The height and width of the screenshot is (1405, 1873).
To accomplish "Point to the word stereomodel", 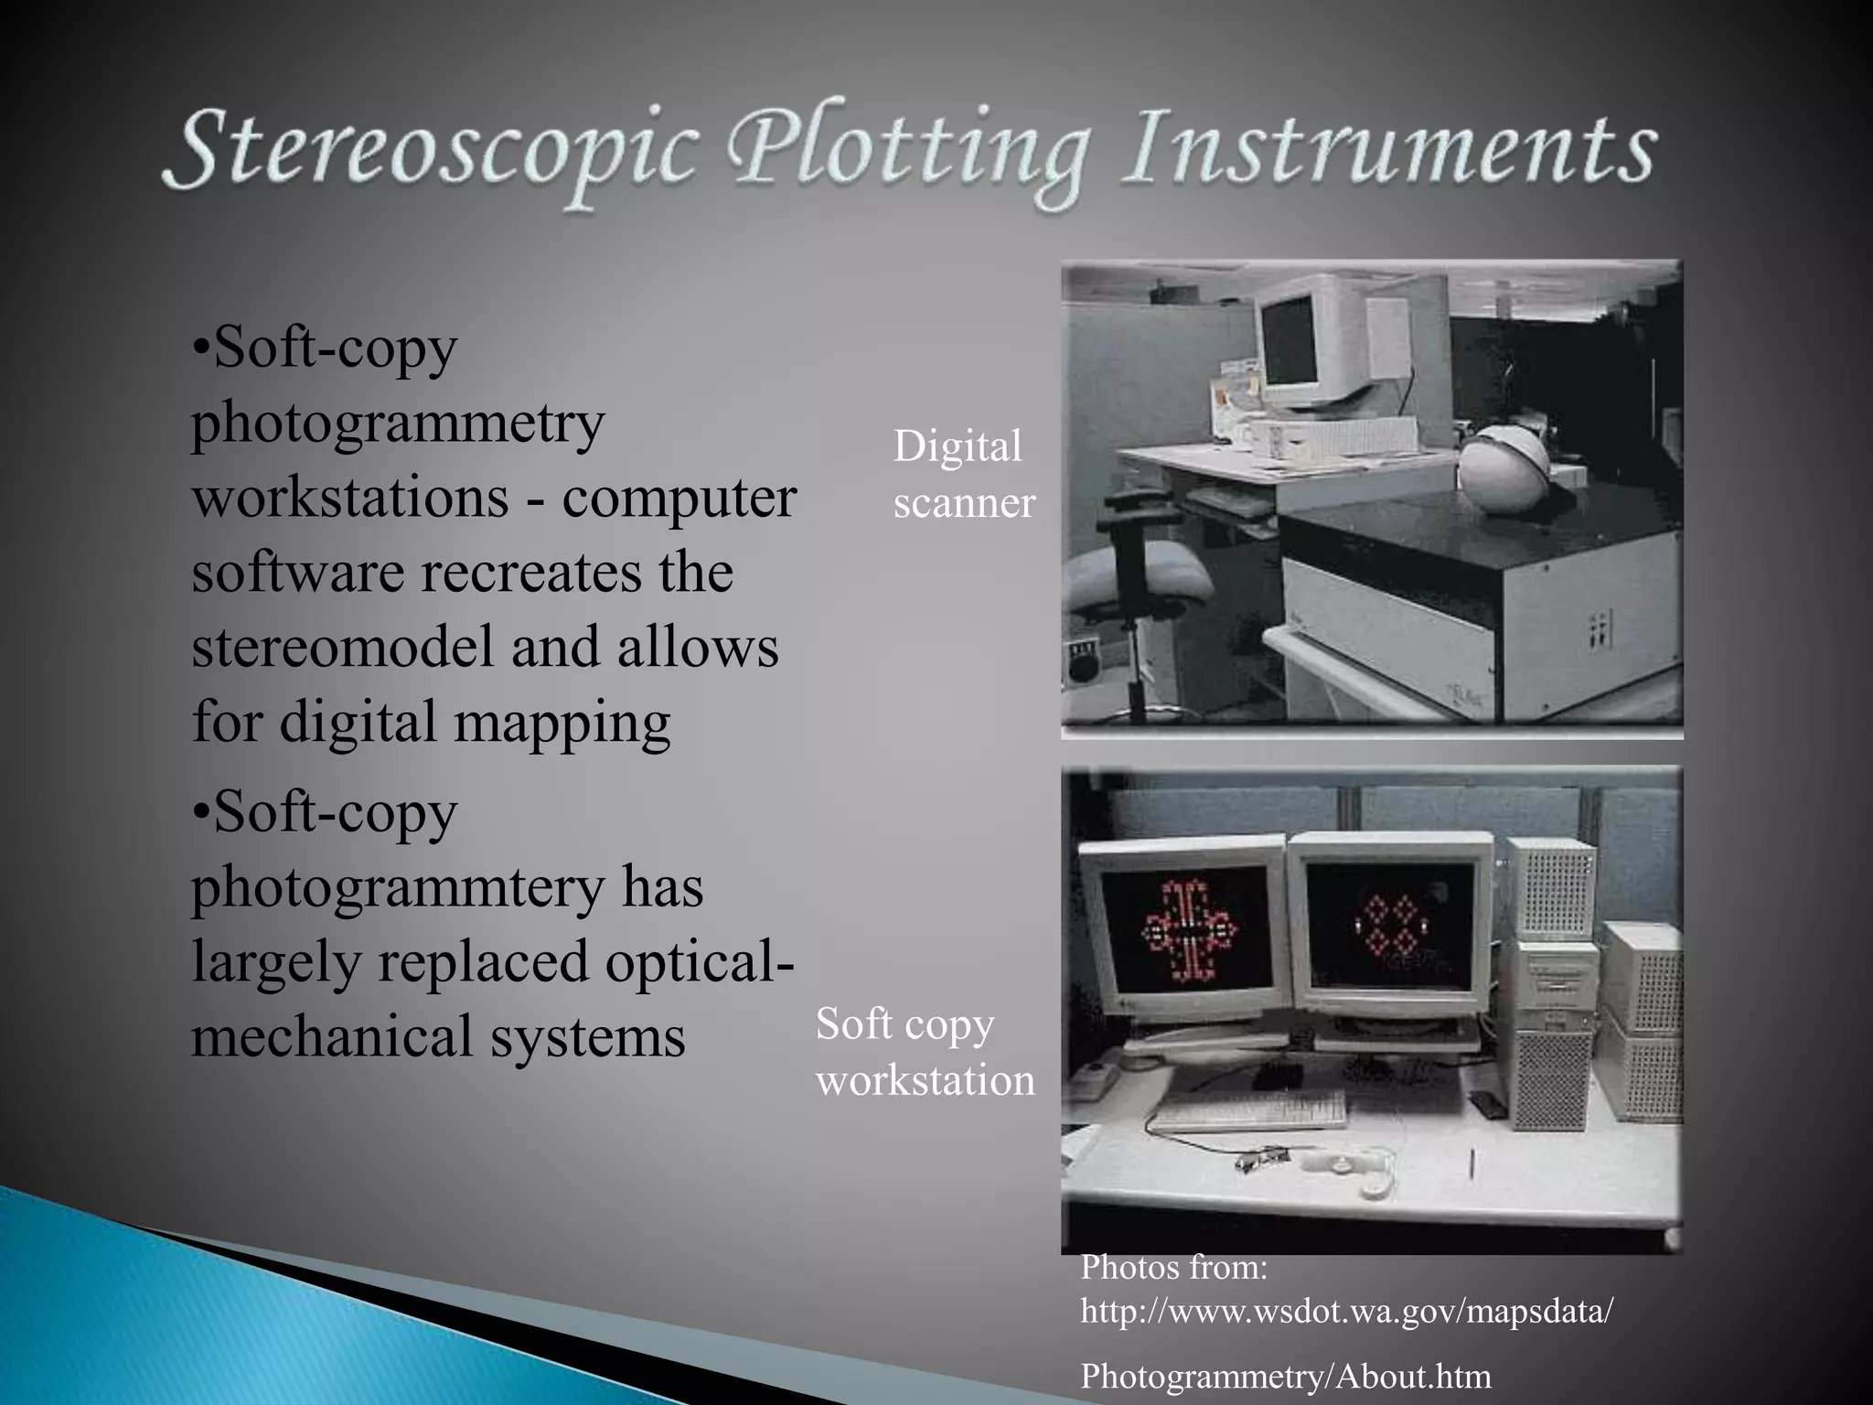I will tap(343, 646).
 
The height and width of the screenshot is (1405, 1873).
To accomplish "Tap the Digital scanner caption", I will tap(963, 474).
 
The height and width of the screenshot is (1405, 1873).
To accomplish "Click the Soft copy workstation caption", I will tap(925, 1051).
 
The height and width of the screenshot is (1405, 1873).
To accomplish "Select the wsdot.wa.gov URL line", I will tap(1346, 1311).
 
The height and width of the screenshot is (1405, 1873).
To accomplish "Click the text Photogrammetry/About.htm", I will tap(1285, 1376).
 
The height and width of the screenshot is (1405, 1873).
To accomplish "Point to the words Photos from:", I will tap(1173, 1267).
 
